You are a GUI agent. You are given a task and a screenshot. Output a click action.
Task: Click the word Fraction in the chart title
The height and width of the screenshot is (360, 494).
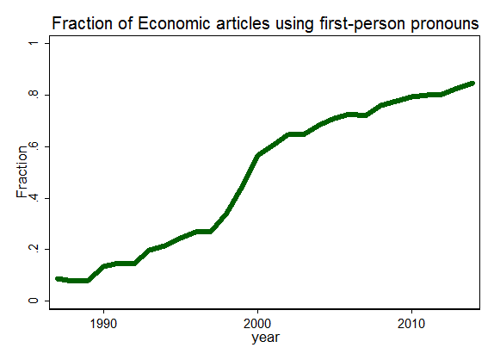tap(82, 23)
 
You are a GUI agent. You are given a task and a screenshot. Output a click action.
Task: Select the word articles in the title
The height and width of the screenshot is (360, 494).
tap(243, 23)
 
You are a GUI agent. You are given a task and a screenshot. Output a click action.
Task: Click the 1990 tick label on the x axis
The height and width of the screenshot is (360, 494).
tap(103, 324)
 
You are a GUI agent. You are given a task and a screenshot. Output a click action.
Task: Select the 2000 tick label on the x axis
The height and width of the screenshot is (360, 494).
tap(257, 324)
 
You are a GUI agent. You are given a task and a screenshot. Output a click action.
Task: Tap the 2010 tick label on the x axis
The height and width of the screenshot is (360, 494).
tap(411, 324)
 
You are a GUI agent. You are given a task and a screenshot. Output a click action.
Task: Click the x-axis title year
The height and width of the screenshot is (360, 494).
tap(265, 338)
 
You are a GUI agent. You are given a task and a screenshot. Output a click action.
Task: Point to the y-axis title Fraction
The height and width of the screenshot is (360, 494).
tap(22, 171)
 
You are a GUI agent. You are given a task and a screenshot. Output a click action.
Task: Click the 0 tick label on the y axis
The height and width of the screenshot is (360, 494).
tap(33, 301)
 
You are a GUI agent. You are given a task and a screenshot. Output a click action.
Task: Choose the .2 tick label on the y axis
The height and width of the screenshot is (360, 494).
tap(33, 249)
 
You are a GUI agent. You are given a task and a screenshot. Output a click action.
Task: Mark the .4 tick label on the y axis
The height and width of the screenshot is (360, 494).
tap(33, 198)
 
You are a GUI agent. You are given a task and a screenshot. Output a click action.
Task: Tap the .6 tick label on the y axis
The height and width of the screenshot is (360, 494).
tap(33, 146)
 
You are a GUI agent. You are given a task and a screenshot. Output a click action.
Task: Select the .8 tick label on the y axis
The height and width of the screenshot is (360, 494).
tap(33, 95)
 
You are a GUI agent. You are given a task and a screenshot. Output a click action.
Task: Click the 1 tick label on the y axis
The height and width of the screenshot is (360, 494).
tap(33, 43)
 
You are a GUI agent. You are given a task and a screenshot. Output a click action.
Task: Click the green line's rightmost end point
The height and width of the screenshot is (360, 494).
tap(472, 84)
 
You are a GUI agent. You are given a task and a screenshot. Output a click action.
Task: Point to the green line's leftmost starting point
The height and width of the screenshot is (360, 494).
tap(58, 279)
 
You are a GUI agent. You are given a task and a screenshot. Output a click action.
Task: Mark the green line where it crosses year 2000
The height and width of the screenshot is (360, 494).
tap(257, 155)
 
